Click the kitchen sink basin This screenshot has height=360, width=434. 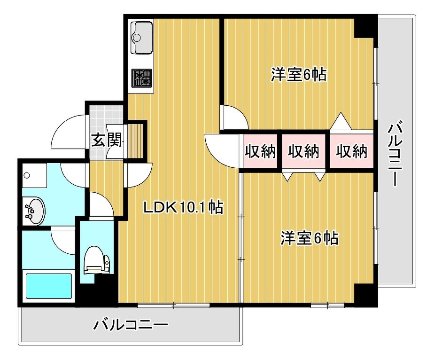tap(143, 38)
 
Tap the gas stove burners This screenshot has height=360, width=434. tap(142, 78)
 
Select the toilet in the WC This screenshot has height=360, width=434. tap(97, 260)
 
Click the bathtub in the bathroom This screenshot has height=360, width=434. tap(49, 286)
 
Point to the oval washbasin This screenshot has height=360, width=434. tap(34, 211)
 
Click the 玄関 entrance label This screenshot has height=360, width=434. tap(107, 140)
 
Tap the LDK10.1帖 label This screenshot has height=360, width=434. tap(183, 207)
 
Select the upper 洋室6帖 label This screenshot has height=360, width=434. tap(299, 74)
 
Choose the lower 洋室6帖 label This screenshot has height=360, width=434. tap(310, 238)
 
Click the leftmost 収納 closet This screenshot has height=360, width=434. tap(261, 151)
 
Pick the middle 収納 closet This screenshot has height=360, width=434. tap(304, 151)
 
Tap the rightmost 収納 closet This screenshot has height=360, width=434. tap(351, 151)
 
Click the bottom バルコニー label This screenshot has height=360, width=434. tap(131, 324)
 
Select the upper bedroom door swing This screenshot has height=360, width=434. tap(236, 116)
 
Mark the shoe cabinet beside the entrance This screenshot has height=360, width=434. tap(135, 141)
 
